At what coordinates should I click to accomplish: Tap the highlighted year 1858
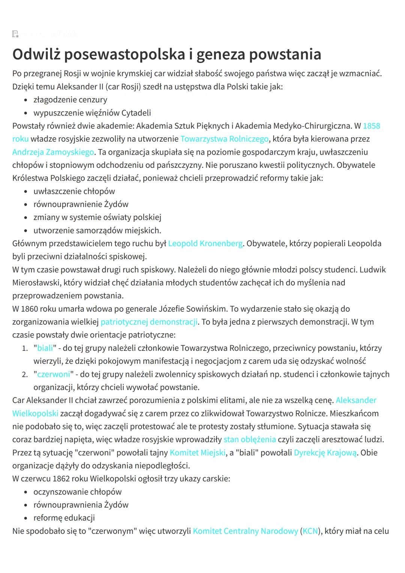[371, 126]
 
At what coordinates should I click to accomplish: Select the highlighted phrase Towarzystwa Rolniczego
[224, 139]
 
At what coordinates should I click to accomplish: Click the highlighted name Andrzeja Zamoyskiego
[53, 152]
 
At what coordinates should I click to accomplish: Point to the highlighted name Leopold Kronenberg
[205, 244]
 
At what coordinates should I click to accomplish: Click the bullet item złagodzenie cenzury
[70, 100]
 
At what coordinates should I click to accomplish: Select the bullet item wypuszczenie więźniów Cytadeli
[92, 113]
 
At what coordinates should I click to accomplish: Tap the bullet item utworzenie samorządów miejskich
[97, 230]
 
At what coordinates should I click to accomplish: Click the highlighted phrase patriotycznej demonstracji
[149, 322]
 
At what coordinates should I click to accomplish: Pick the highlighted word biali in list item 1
[45, 348]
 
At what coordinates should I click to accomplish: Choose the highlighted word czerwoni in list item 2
[54, 374]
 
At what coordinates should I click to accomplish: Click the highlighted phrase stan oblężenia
[249, 439]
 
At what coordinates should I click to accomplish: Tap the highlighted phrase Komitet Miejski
[198, 453]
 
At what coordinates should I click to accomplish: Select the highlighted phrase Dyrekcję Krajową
[325, 453]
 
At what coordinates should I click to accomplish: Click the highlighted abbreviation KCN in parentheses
[310, 531]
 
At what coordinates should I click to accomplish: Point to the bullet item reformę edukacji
[64, 518]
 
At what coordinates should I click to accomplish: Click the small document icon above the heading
[15, 35]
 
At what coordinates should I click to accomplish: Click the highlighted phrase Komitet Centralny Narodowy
[245, 531]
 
